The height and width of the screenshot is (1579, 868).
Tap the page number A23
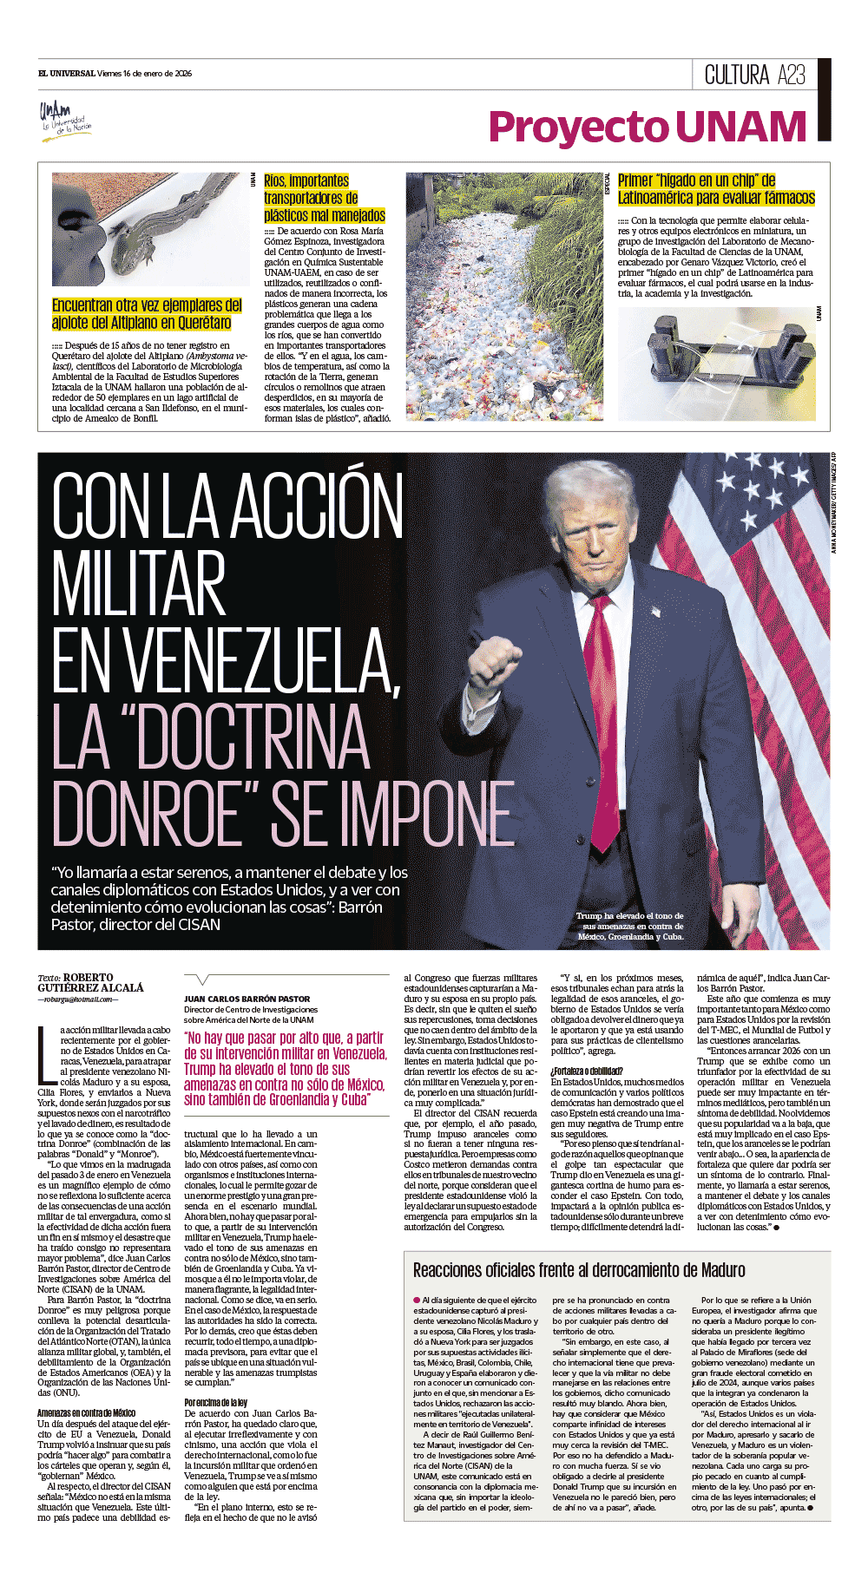pos(792,75)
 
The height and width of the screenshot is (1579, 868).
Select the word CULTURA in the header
pos(737,75)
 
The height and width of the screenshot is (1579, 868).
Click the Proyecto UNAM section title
pos(648,127)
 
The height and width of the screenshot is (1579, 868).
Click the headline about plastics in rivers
pos(325,198)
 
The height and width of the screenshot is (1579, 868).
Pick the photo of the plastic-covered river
pos(503,296)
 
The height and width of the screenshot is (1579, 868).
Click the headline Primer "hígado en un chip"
pos(716,189)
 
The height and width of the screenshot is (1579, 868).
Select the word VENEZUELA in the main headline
pos(226,664)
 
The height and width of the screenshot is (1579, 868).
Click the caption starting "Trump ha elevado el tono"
pos(630,926)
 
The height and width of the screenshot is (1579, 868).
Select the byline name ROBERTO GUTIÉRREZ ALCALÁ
pos(90,983)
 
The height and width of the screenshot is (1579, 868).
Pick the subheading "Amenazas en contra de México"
pos(86,1413)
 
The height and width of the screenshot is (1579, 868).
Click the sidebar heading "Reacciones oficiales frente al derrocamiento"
pos(579,1270)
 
